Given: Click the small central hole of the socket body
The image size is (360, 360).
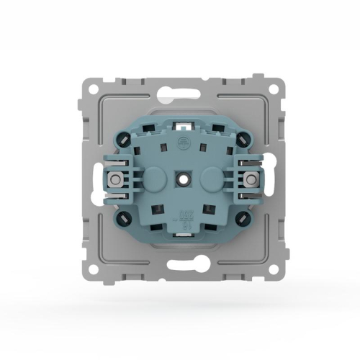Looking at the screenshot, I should (181, 176).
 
